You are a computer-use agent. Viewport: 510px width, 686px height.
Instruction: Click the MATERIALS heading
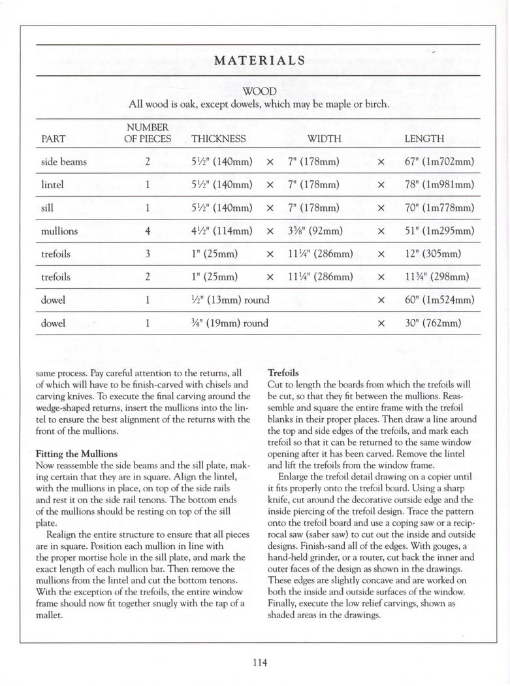click(259, 60)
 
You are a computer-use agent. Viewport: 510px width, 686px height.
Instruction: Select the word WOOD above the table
click(259, 91)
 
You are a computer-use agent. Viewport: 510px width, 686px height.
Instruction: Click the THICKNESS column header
click(219, 139)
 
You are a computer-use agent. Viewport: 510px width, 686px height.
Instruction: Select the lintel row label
click(52, 184)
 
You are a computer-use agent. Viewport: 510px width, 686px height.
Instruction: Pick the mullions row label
click(59, 231)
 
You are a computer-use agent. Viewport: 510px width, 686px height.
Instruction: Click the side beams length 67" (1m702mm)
click(439, 161)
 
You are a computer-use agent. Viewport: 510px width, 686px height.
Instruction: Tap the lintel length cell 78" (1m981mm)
click(439, 184)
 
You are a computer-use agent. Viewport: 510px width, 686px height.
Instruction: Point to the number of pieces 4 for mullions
click(148, 231)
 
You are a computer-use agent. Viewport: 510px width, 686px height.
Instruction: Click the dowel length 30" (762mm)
click(433, 323)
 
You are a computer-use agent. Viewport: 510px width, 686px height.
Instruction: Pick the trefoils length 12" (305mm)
click(433, 253)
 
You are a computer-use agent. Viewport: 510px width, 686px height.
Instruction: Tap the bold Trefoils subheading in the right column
click(283, 373)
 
